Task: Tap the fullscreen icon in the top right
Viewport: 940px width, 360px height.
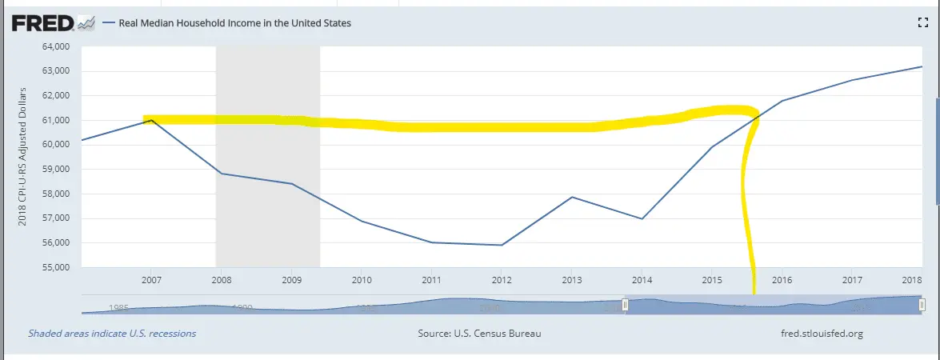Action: tap(922, 23)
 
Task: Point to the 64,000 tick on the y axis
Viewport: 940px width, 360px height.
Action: tap(55, 46)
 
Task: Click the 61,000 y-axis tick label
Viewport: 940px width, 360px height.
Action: tap(55, 120)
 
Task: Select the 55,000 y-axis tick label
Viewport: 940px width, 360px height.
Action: tap(55, 267)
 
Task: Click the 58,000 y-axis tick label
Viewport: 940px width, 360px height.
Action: tap(55, 194)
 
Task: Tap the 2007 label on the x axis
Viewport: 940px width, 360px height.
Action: tap(151, 280)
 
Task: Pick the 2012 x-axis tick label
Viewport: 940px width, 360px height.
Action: tap(502, 280)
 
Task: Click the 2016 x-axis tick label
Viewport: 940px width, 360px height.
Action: tap(782, 280)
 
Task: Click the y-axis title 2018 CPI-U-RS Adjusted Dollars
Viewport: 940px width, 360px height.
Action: tap(23, 156)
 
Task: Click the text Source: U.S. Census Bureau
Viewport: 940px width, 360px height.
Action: tap(479, 333)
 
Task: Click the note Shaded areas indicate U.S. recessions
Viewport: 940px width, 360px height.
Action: tap(112, 333)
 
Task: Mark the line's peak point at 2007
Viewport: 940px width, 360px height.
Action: tap(151, 120)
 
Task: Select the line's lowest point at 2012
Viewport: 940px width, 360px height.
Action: tap(502, 245)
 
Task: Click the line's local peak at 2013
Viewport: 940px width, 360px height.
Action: tap(571, 197)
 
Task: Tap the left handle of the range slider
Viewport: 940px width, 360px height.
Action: tap(626, 305)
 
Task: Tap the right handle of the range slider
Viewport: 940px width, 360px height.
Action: tap(922, 305)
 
